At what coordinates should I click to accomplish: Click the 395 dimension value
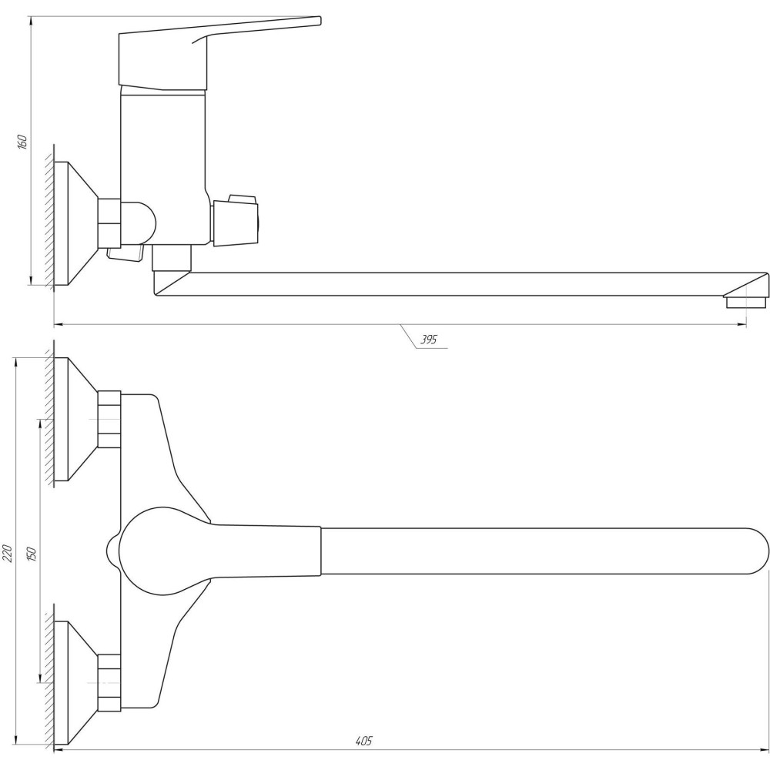(428, 340)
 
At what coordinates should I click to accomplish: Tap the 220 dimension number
(8, 553)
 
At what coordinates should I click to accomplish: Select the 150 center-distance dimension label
(32, 554)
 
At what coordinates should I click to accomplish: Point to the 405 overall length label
(364, 741)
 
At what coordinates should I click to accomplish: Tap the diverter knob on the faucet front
(235, 219)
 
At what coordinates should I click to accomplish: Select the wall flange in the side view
(76, 223)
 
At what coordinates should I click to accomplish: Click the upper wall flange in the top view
(76, 419)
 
